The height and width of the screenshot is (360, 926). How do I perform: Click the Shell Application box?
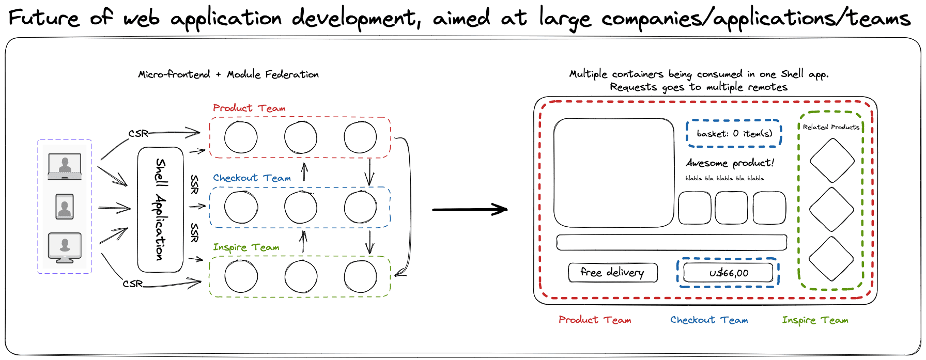pos(161,210)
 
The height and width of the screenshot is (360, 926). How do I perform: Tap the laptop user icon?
pos(65,166)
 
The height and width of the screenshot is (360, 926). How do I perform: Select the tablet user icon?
pos(65,207)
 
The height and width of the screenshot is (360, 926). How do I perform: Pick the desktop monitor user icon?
pos(65,247)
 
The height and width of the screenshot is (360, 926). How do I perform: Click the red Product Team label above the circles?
pos(249,108)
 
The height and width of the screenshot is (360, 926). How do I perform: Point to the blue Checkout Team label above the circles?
pos(252,178)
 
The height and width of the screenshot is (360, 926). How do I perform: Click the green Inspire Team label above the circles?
pos(246,247)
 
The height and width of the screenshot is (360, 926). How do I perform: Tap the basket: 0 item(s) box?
pos(734,133)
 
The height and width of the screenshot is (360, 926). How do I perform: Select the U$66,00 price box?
pos(728,273)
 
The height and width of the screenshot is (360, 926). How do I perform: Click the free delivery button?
pos(612,272)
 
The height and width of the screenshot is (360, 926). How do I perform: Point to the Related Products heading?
pos(831,127)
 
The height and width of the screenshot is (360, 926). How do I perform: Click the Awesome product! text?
pos(730,163)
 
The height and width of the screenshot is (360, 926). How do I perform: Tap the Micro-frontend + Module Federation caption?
pos(228,74)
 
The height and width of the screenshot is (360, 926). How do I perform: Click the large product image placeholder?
pos(613,173)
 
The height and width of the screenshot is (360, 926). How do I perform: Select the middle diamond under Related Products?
pos(831,209)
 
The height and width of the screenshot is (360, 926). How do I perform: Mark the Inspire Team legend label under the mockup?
pos(815,320)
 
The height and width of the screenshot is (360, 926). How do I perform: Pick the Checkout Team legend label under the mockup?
pos(709,320)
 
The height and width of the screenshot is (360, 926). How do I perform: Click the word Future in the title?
pos(44,19)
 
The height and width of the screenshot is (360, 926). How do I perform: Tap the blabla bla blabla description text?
pos(724,179)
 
